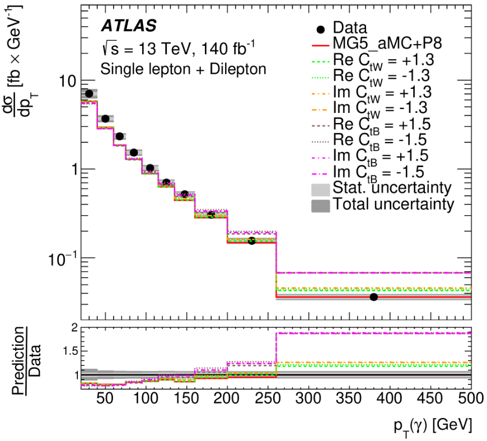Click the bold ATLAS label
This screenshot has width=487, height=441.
pos(129,26)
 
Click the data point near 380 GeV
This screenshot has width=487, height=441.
pos(374,297)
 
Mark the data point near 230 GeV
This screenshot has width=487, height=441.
pos(251,241)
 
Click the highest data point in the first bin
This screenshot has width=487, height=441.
pos(89,93)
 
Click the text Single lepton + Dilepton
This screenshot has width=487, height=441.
pos(182,69)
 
